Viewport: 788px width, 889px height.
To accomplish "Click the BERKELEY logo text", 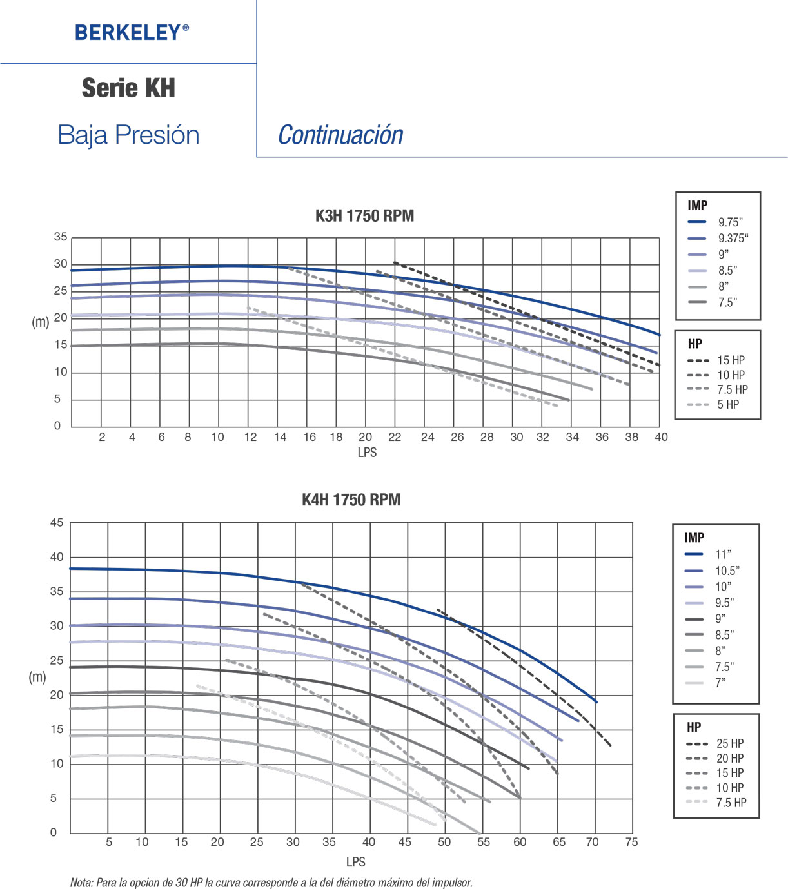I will [x=132, y=32].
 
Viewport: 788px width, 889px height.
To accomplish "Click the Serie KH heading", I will [x=128, y=88].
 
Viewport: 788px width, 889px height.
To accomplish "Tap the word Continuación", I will [x=340, y=135].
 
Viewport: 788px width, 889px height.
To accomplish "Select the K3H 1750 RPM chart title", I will [x=364, y=215].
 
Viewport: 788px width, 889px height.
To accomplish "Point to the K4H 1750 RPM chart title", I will [x=351, y=500].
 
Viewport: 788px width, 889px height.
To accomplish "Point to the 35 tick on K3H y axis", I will [x=61, y=237].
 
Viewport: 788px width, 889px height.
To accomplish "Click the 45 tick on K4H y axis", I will [x=57, y=523].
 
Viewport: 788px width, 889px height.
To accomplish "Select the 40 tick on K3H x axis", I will [x=661, y=437].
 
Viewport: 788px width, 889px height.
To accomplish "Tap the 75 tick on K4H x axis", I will [x=631, y=842].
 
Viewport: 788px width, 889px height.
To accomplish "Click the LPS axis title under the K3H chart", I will [x=367, y=453].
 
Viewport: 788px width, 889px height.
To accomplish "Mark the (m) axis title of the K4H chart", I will [x=37, y=677].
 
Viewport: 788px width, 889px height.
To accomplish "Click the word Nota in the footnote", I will [x=81, y=883].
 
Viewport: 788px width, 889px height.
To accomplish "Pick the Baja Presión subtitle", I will [x=128, y=135].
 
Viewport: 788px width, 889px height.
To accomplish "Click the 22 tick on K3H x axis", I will [x=395, y=437].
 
